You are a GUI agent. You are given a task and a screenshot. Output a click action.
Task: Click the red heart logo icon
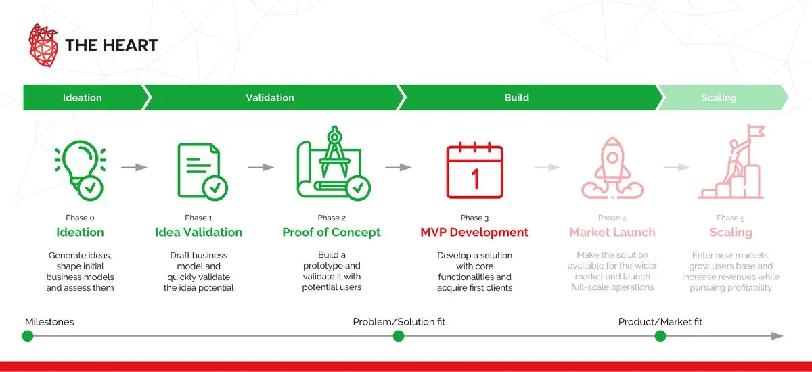coord(43,45)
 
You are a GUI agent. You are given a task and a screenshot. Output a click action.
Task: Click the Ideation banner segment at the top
coord(83,97)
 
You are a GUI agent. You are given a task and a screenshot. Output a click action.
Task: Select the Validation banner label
coord(270,97)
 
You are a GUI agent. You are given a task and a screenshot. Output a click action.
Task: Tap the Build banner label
coord(517,97)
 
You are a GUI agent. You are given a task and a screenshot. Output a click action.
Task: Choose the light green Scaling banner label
coord(719,97)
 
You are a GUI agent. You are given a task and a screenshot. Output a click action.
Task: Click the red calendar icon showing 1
coord(474,171)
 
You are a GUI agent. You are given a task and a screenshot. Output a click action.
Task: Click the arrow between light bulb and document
coord(135,167)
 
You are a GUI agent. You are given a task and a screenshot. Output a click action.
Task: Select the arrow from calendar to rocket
coord(547,167)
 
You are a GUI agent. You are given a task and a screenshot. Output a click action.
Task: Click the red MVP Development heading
coord(474,232)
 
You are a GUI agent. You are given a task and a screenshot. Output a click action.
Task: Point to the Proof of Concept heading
coord(332,232)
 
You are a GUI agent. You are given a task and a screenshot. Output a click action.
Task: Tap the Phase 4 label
coord(612,218)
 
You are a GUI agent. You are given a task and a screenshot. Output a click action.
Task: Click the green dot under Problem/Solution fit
coord(399,335)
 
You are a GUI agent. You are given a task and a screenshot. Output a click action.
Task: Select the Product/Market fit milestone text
coord(660,322)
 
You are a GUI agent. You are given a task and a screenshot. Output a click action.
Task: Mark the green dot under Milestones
coord(28,335)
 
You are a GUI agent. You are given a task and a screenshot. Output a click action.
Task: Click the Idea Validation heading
coord(198,232)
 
